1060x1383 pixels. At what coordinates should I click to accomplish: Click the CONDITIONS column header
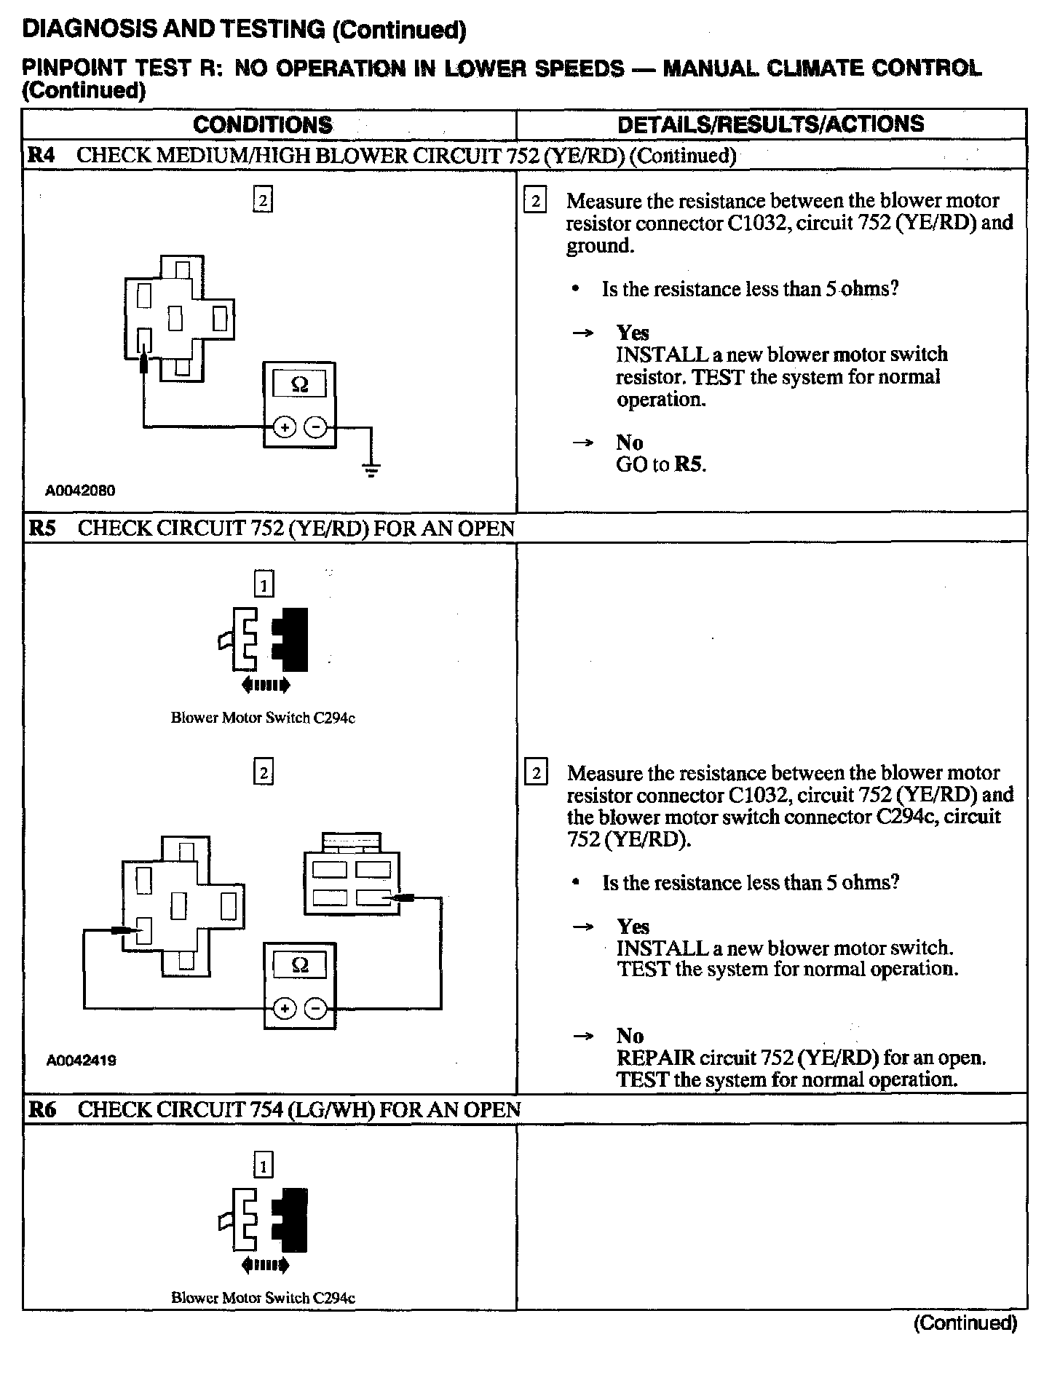pyautogui.click(x=262, y=124)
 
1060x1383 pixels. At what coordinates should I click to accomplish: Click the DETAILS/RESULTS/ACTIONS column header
pyautogui.click(x=770, y=124)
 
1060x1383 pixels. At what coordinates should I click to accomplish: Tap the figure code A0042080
pyautogui.click(x=80, y=491)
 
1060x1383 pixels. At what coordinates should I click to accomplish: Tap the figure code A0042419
pyautogui.click(x=81, y=1061)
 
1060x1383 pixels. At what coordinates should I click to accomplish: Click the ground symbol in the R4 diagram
pyautogui.click(x=371, y=469)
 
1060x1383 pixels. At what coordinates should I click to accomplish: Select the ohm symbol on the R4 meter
pyautogui.click(x=299, y=384)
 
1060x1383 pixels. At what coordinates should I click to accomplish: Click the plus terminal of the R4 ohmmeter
pyautogui.click(x=284, y=427)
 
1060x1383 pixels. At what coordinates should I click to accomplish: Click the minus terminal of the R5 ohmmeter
pyautogui.click(x=315, y=1008)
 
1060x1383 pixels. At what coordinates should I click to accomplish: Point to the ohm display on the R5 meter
pyautogui.click(x=299, y=965)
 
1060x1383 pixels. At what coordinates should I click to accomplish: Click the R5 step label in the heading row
pyautogui.click(x=42, y=528)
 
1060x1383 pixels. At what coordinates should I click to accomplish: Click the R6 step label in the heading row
pyautogui.click(x=42, y=1109)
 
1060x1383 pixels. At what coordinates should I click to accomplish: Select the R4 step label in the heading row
pyautogui.click(x=42, y=155)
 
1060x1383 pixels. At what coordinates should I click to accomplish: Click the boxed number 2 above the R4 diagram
pyautogui.click(x=263, y=200)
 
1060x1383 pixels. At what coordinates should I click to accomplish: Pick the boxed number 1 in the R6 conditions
pyautogui.click(x=263, y=1167)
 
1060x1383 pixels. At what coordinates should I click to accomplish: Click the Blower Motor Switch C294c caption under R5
pyautogui.click(x=263, y=718)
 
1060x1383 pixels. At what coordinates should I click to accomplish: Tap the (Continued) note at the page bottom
pyautogui.click(x=965, y=1323)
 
